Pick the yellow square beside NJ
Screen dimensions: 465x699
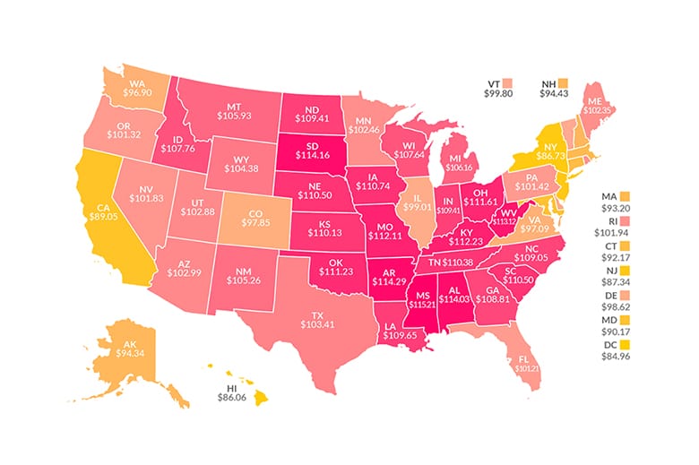pos(626,269)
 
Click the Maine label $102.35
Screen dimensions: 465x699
pos(593,108)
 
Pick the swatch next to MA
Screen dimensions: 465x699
pos(626,195)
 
